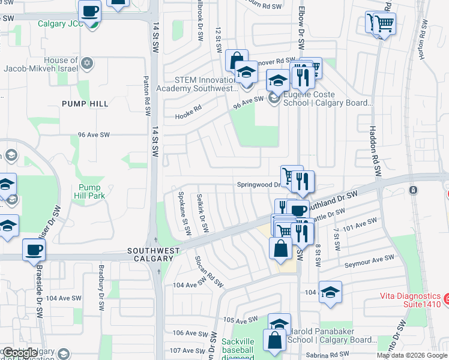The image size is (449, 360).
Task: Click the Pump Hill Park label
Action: pos(89,191)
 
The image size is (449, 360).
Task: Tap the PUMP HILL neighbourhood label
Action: pos(85,104)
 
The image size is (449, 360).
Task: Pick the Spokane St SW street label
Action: pos(184,212)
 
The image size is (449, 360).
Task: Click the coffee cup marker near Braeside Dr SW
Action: pos(34,250)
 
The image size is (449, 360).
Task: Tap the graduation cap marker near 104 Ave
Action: pos(330,292)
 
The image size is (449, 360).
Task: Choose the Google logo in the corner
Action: pos(20,353)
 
